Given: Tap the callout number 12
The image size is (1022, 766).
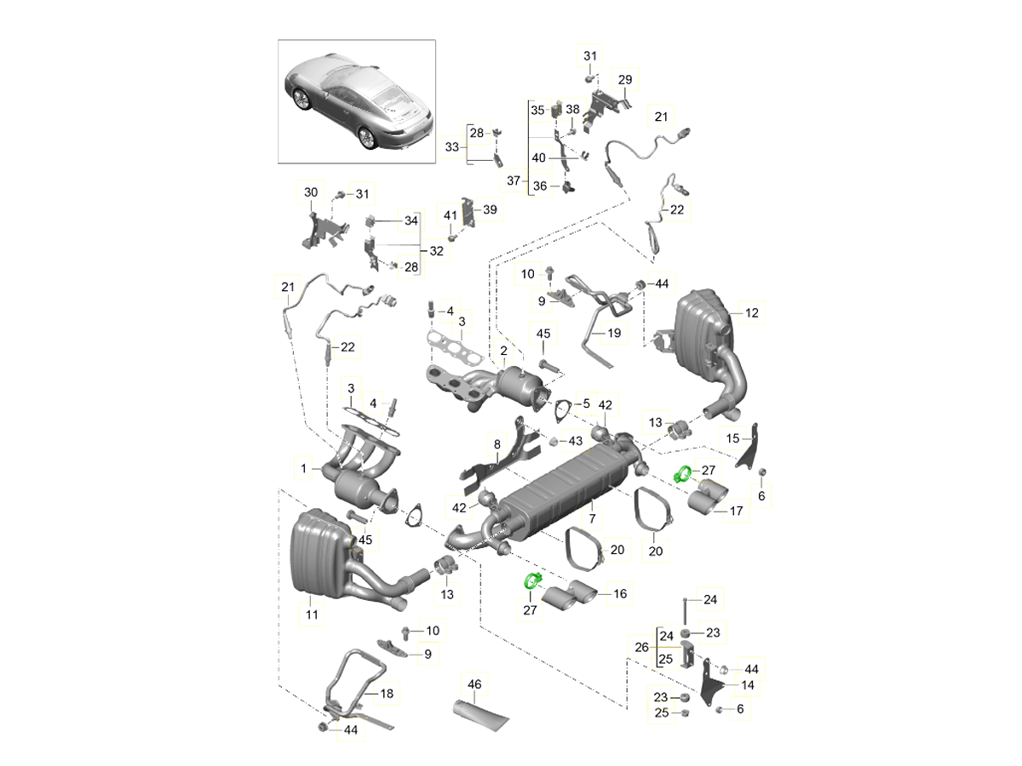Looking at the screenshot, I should (x=750, y=313).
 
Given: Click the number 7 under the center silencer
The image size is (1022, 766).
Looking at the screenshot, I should (x=592, y=518).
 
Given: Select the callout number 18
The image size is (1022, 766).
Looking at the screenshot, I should (x=387, y=694).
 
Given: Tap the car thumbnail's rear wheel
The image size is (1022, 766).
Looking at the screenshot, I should (x=368, y=137).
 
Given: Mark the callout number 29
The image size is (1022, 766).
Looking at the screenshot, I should (x=624, y=79).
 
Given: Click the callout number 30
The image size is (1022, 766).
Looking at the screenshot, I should (x=311, y=193).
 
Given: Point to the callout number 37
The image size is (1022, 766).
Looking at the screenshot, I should (x=512, y=180).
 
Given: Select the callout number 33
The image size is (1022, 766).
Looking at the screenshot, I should (x=452, y=146).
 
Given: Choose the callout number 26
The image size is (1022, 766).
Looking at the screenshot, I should (x=642, y=646).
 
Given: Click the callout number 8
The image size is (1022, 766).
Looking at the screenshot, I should (x=497, y=443).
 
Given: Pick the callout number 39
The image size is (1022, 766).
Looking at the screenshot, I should (x=489, y=209).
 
